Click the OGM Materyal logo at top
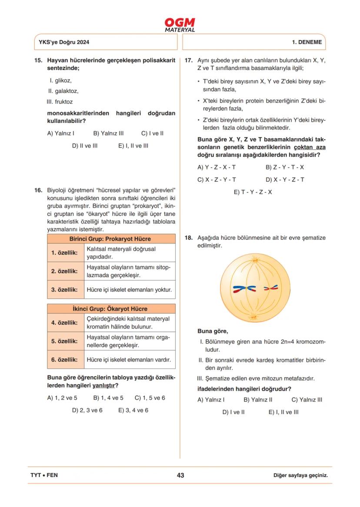pyautogui.click(x=180, y=25)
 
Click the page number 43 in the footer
pyautogui.click(x=180, y=475)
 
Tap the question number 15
pyautogui.click(x=38, y=60)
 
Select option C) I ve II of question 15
pyautogui.click(x=152, y=133)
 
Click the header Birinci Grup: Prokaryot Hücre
pyautogui.click(x=110, y=239)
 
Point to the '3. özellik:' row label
pyautogui.click(x=65, y=289)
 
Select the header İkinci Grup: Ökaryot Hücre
pyautogui.click(x=110, y=309)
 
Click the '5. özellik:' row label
pyautogui.click(x=65, y=341)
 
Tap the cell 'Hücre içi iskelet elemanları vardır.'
pyautogui.click(x=129, y=360)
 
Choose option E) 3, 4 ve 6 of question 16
pyautogui.click(x=133, y=410)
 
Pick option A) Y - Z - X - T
pyautogui.click(x=217, y=167)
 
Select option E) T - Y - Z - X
pyautogui.click(x=253, y=192)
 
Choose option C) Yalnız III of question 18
pyautogui.click(x=307, y=400)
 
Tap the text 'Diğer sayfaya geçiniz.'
pyautogui.click(x=300, y=475)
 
